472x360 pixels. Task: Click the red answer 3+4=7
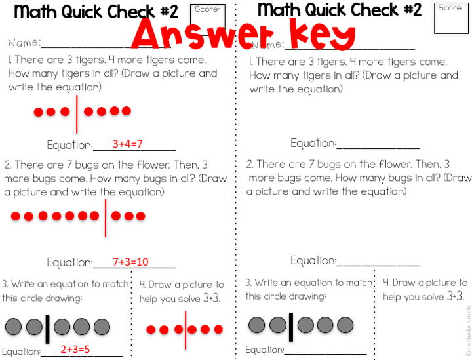tap(127, 144)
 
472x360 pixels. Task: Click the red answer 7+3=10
tap(130, 262)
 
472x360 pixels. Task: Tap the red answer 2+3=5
tap(75, 350)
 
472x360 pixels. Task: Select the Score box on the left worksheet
tap(207, 19)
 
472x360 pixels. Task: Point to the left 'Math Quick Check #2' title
tap(96, 11)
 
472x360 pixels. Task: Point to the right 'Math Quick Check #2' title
tap(339, 10)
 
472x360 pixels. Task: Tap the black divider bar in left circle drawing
tap(47, 328)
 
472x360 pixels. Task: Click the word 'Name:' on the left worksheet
tap(24, 43)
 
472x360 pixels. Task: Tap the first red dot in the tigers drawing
tap(39, 112)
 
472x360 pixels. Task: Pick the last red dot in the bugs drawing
tap(140, 216)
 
